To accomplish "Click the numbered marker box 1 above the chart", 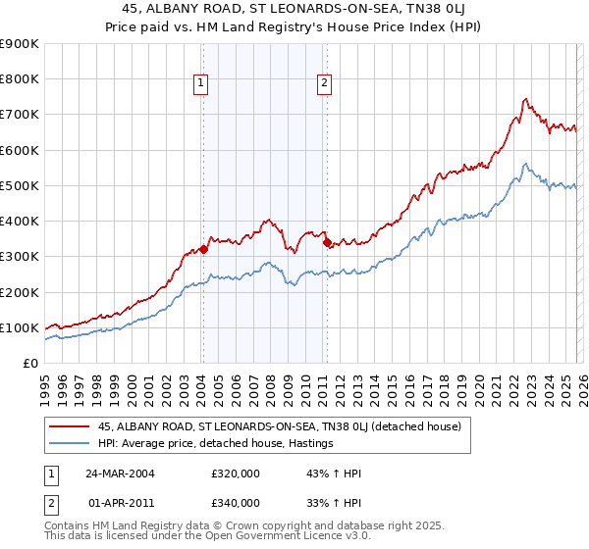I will pyautogui.click(x=201, y=84).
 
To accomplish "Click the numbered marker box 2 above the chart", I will pyautogui.click(x=324, y=84).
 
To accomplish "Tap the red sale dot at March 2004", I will pyautogui.click(x=203, y=249).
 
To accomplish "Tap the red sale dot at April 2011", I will pyautogui.click(x=326, y=242).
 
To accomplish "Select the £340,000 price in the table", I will pyautogui.click(x=234, y=502).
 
